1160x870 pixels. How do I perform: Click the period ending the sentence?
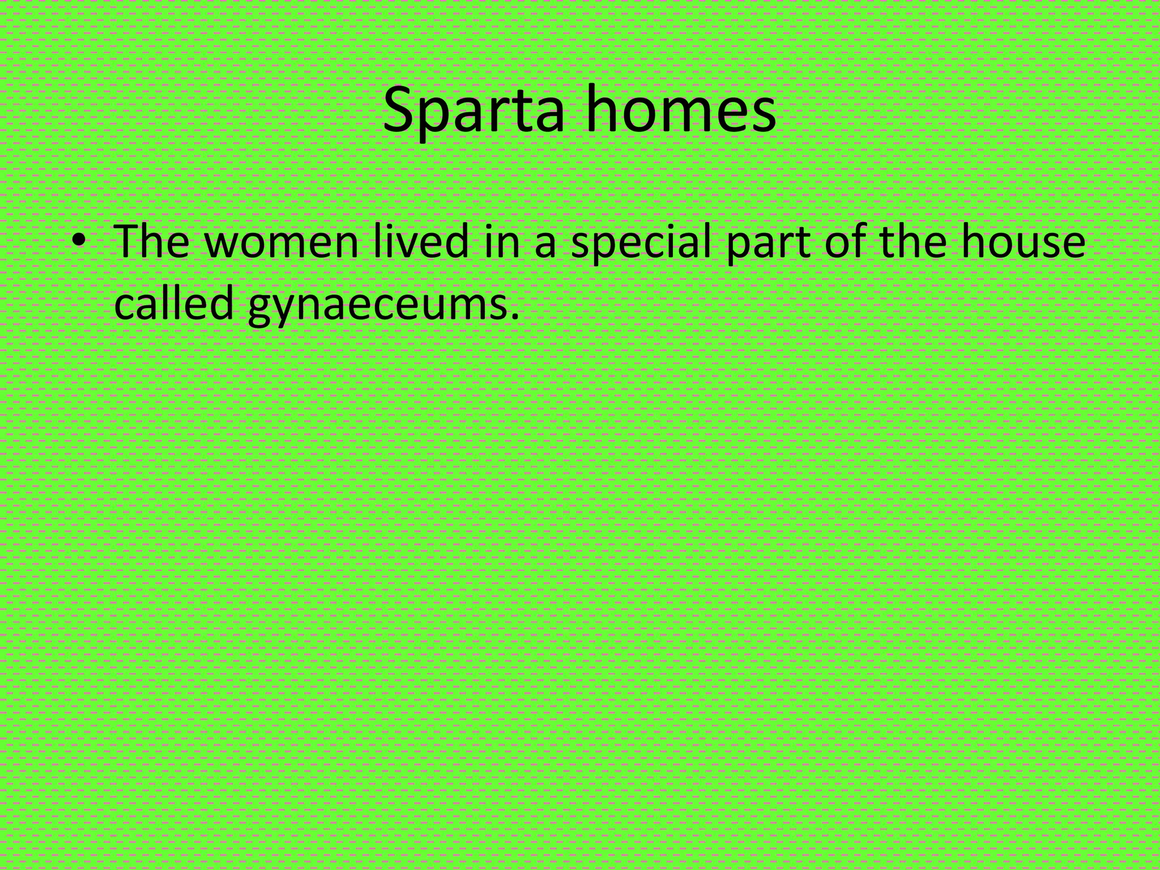pyautogui.click(x=514, y=315)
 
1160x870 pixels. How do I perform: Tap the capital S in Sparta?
pyautogui.click(x=398, y=111)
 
